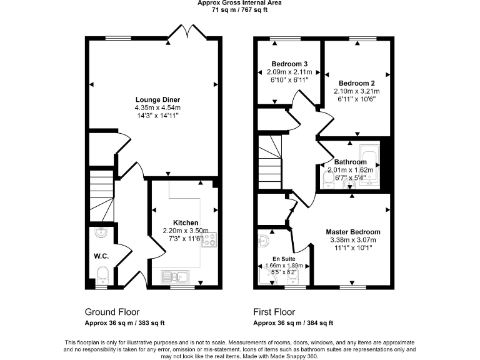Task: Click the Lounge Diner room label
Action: tap(153, 99)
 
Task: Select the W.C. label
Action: tap(102, 255)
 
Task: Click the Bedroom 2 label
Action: tap(356, 83)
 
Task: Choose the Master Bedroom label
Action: tap(354, 231)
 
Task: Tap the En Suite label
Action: tap(284, 258)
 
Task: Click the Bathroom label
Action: tap(350, 162)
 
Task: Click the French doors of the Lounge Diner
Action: tap(189, 32)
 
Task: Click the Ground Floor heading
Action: tap(112, 312)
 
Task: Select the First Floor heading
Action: tap(274, 312)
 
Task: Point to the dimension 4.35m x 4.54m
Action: tap(153, 107)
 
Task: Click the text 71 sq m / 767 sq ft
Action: tap(239, 10)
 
